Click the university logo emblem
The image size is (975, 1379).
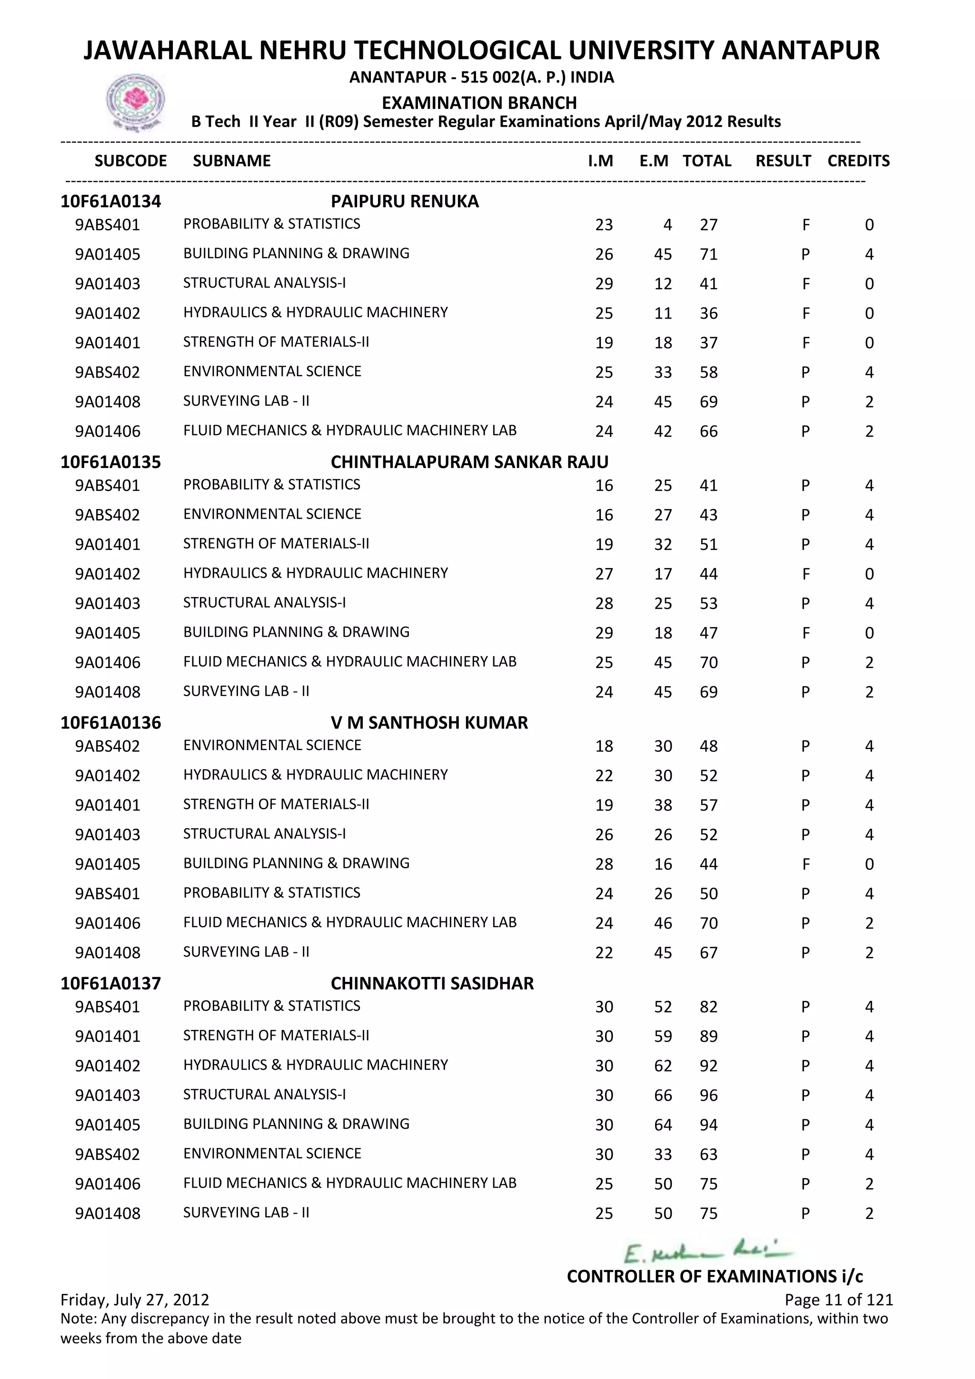coord(135,101)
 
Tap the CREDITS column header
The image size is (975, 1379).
coord(858,161)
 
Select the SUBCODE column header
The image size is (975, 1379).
coord(130,161)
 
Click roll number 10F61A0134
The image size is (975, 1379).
coord(110,201)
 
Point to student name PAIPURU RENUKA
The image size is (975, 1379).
coord(405,201)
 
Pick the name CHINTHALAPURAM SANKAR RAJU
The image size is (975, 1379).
coord(469,462)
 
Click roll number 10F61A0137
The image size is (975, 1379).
coord(110,983)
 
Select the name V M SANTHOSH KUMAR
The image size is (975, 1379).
coord(429,722)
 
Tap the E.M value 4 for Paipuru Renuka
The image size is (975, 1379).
coord(667,225)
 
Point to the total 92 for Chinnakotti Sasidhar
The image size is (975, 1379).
coord(708,1066)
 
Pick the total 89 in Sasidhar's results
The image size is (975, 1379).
coord(708,1037)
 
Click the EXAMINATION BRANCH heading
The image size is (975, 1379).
coord(479,103)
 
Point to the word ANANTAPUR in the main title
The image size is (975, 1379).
coord(800,50)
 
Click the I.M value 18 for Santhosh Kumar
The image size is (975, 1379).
coord(604,747)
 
